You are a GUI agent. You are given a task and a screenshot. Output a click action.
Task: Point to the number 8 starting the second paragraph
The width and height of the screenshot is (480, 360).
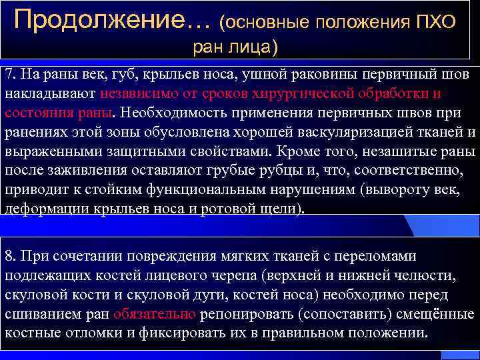[x=8, y=256]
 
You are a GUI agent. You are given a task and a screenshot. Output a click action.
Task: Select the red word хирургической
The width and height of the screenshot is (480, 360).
[x=313, y=93]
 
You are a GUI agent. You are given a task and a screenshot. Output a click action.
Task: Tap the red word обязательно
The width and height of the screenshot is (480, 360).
[x=155, y=314]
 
